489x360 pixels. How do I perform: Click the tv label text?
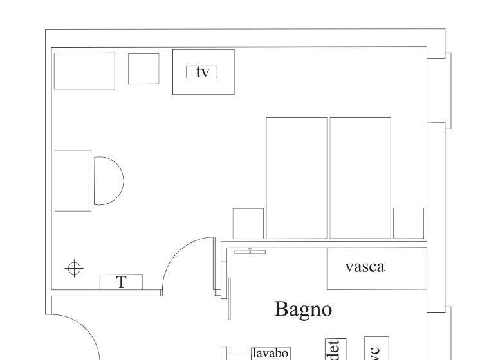[202, 72]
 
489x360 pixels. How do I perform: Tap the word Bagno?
[303, 309]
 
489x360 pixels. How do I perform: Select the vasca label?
[365, 266]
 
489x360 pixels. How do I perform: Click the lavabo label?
[270, 353]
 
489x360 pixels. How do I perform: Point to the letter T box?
[121, 282]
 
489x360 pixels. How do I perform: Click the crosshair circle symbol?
[75, 267]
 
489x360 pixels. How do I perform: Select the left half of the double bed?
[297, 177]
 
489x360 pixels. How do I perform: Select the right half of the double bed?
[360, 177]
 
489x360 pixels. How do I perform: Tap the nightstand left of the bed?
[248, 223]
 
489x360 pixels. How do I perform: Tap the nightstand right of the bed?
[409, 223]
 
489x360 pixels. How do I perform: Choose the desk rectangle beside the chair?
[73, 181]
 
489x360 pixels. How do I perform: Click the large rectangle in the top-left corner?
[84, 71]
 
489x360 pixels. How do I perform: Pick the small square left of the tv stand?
[143, 69]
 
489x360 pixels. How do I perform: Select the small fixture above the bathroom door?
[250, 251]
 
